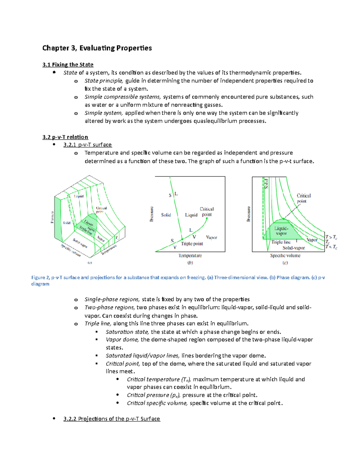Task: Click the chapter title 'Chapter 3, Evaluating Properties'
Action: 97,48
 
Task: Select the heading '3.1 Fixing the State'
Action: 68,65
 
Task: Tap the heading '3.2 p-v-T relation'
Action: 65,137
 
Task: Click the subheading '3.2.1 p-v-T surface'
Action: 87,145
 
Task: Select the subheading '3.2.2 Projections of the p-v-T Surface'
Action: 112,419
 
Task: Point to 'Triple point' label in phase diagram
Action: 192,244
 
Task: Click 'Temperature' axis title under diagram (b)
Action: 190,256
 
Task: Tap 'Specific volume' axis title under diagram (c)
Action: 285,256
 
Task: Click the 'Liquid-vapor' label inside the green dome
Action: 281,231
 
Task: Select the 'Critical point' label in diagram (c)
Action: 304,198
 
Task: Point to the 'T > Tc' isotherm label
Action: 331,237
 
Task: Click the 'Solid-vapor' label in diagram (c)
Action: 293,248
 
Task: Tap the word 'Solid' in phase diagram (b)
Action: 166,215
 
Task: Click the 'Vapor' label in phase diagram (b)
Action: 211,237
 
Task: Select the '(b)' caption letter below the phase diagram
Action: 190,263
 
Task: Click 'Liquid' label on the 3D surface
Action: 79,196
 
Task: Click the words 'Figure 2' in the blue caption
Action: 40,278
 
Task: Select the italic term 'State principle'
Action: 103,81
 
